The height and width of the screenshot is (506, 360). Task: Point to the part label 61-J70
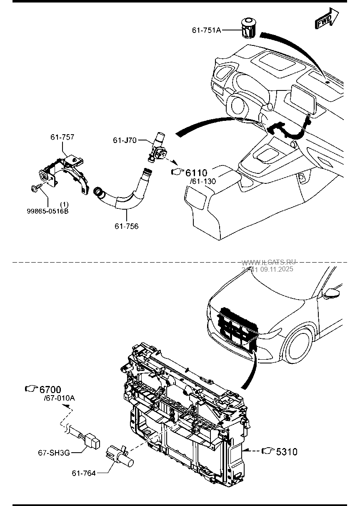125,140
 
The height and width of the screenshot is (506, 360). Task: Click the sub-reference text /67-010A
59,398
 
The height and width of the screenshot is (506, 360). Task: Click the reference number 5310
287,451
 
